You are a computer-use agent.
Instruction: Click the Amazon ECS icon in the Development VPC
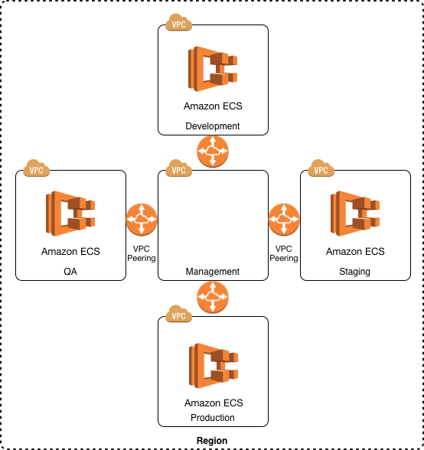(x=213, y=69)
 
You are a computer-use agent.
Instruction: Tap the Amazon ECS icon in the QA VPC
(x=70, y=214)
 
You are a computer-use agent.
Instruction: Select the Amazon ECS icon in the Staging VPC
(x=355, y=214)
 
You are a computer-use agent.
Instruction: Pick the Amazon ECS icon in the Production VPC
(x=214, y=366)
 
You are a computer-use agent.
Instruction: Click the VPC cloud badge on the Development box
(x=178, y=22)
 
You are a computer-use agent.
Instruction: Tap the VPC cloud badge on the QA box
(x=36, y=168)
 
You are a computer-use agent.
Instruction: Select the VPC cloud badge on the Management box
(x=178, y=168)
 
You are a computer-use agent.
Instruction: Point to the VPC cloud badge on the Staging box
(x=321, y=168)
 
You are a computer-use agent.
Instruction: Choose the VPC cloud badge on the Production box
(x=178, y=314)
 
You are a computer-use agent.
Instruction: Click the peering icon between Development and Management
(x=213, y=152)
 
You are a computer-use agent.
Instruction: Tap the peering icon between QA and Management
(x=142, y=220)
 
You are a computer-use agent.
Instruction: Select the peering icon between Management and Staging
(x=284, y=220)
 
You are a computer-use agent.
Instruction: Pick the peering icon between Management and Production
(x=213, y=297)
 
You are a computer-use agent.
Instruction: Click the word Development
(x=213, y=126)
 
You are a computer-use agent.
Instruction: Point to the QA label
(x=70, y=272)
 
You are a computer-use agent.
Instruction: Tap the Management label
(x=213, y=272)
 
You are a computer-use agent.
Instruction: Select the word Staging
(x=355, y=272)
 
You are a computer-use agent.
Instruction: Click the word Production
(x=213, y=418)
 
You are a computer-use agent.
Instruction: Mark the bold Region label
(x=212, y=441)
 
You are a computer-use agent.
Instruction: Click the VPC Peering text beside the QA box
(x=142, y=253)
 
